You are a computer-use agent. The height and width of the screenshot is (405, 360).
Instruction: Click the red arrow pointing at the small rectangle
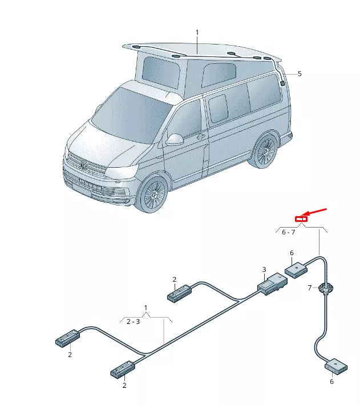[x=318, y=213]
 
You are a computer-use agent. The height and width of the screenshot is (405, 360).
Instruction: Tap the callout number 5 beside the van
[x=300, y=74]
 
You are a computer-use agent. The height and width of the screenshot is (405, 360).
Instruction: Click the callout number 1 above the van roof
[x=197, y=33]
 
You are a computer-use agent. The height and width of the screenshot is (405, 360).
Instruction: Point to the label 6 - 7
[x=289, y=232]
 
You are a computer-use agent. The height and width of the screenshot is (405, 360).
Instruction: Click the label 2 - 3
[x=133, y=322]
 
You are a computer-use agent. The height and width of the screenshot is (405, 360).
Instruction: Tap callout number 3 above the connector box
[x=264, y=269]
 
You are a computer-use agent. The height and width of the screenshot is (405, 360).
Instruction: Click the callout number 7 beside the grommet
[x=310, y=287]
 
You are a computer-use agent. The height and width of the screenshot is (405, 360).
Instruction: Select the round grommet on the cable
[x=326, y=289]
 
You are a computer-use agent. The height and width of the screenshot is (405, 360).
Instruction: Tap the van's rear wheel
[x=264, y=151]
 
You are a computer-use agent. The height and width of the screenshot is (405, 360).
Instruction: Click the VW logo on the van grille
[x=83, y=167]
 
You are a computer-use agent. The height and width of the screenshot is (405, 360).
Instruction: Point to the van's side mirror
[x=173, y=139]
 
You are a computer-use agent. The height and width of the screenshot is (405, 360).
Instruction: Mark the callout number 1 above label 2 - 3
[x=145, y=308]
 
